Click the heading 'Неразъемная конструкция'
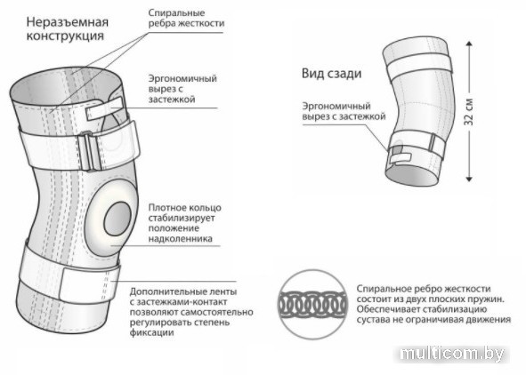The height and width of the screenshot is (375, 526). [x=68, y=29]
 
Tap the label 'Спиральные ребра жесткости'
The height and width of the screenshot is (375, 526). [x=186, y=18]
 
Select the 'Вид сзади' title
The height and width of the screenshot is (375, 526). [x=331, y=74]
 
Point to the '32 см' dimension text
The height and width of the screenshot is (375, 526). [x=469, y=112]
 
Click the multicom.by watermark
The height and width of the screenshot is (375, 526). [x=452, y=354]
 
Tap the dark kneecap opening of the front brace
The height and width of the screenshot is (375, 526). [x=117, y=219]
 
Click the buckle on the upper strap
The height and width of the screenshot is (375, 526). [x=89, y=152]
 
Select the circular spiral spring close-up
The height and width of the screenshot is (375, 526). [x=312, y=304]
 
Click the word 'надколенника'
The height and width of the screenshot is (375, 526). [x=180, y=239]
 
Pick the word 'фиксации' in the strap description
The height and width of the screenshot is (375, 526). [x=151, y=333]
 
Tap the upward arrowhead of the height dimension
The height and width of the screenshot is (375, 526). [x=469, y=44]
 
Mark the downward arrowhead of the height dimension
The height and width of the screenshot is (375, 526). [x=469, y=179]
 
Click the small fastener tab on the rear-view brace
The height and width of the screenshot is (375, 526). [x=401, y=159]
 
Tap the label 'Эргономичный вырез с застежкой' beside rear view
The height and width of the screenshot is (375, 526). [x=344, y=111]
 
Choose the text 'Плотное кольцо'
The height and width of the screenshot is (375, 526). [x=185, y=208]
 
